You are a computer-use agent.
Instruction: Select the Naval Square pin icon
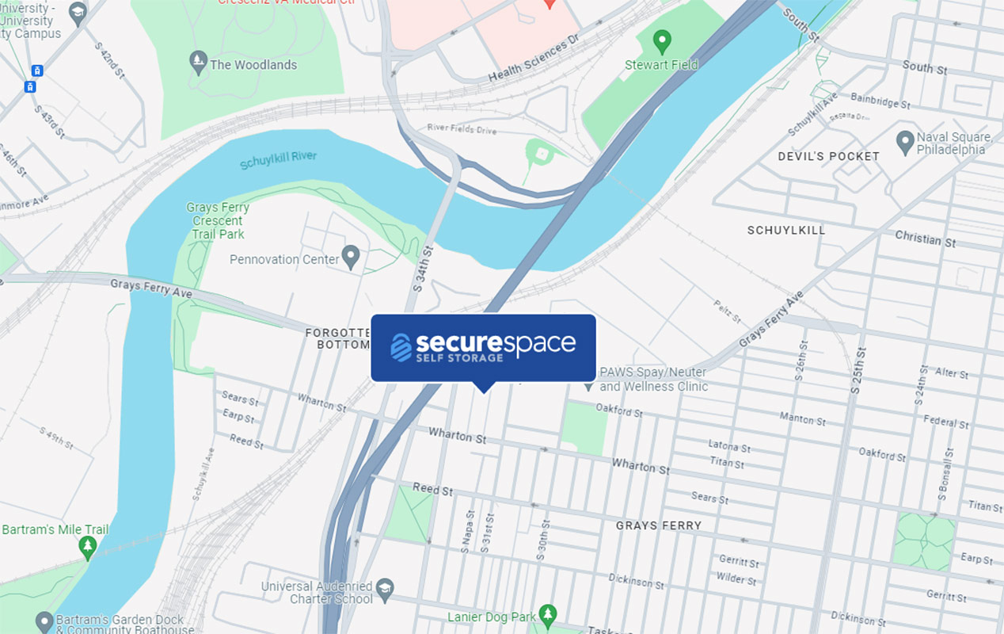click(x=905, y=143)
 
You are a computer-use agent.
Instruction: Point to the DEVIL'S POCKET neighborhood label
click(x=828, y=156)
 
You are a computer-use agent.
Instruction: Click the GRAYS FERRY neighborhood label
click(x=658, y=525)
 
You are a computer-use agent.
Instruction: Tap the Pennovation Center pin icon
click(x=351, y=257)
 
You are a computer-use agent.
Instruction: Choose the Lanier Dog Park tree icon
click(x=547, y=614)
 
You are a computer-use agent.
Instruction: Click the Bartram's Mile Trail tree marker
click(x=88, y=546)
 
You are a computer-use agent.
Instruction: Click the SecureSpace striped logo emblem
click(x=401, y=347)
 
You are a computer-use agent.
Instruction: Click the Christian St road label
click(x=925, y=239)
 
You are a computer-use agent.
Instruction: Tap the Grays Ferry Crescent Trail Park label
click(x=218, y=221)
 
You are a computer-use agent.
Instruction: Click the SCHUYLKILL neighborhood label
click(x=785, y=230)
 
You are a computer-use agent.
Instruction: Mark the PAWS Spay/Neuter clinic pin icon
click(x=588, y=387)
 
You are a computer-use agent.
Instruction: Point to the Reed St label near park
click(x=432, y=489)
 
